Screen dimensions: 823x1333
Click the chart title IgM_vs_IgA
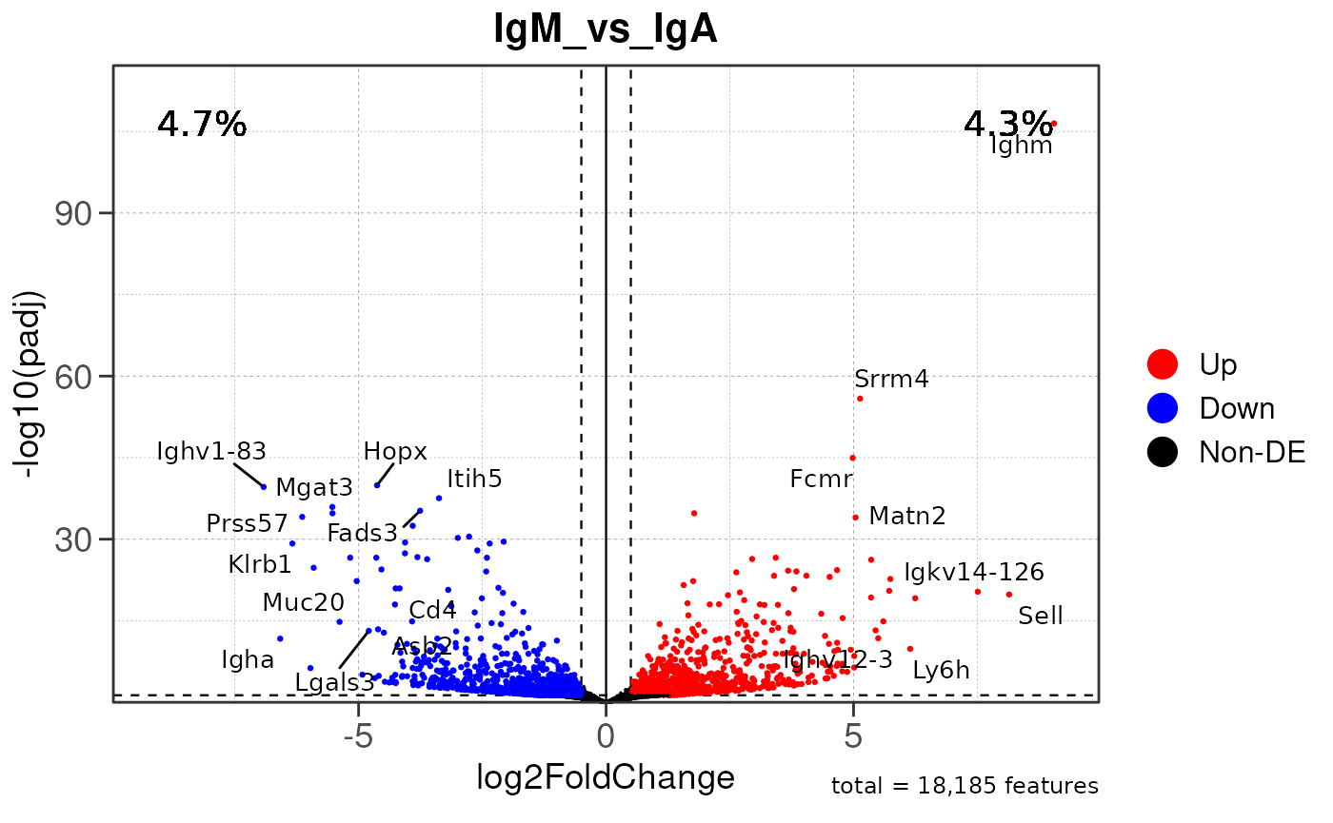pyautogui.click(x=606, y=30)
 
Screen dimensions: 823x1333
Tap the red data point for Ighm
pyautogui.click(x=1053, y=124)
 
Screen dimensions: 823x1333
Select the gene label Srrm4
pyautogui.click(x=891, y=379)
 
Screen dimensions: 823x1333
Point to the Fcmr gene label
pyautogui.click(x=821, y=479)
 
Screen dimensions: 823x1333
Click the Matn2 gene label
pyautogui.click(x=907, y=517)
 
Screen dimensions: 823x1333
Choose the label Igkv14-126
pyautogui.click(x=973, y=572)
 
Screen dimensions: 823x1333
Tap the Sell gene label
pyautogui.click(x=1040, y=616)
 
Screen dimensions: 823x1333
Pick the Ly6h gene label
pyautogui.click(x=941, y=670)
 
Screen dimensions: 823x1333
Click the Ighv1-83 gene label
pyautogui.click(x=211, y=451)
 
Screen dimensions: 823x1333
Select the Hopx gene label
pyautogui.click(x=395, y=451)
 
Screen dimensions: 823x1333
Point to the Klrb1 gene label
pyautogui.click(x=260, y=564)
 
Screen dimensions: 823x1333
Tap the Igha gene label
pyautogui.click(x=248, y=659)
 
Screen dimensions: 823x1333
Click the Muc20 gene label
pyautogui.click(x=304, y=602)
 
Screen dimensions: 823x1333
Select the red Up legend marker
pyautogui.click(x=1163, y=363)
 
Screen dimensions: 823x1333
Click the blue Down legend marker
pyautogui.click(x=1163, y=407)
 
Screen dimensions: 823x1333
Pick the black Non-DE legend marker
pyautogui.click(x=1163, y=452)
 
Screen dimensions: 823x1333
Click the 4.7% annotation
pyautogui.click(x=202, y=124)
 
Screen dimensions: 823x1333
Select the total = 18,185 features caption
pyautogui.click(x=965, y=786)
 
